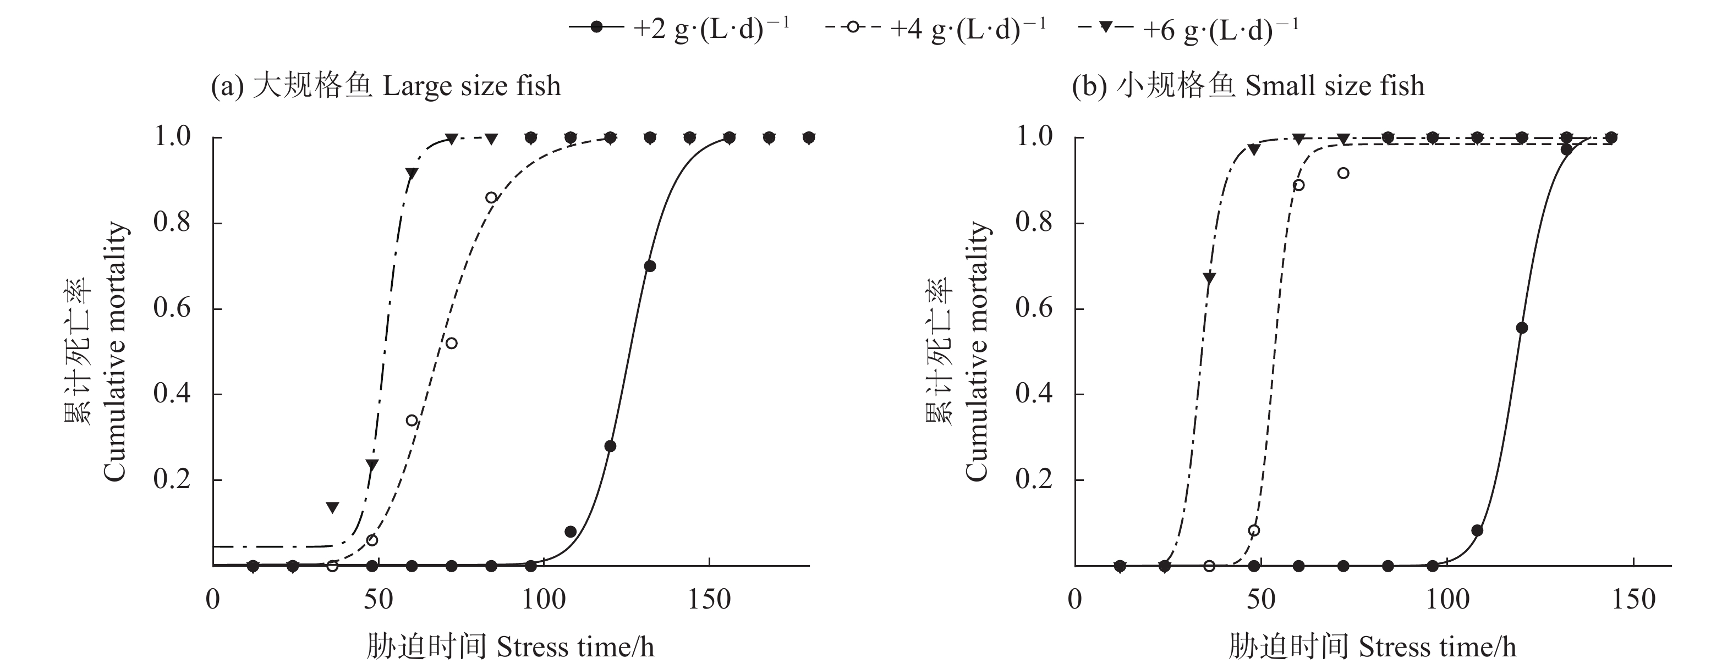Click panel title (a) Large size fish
(386, 86)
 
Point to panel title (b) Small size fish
(1248, 86)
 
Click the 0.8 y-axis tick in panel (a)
(172, 223)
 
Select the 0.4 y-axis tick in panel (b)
(1034, 394)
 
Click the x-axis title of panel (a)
(510, 647)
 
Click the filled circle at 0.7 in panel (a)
(650, 266)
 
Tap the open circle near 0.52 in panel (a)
(452, 343)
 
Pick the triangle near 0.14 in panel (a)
(332, 507)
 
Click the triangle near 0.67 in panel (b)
(1209, 278)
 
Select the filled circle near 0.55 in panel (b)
(1522, 328)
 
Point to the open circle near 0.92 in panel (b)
(1343, 174)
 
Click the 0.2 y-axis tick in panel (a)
(172, 480)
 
